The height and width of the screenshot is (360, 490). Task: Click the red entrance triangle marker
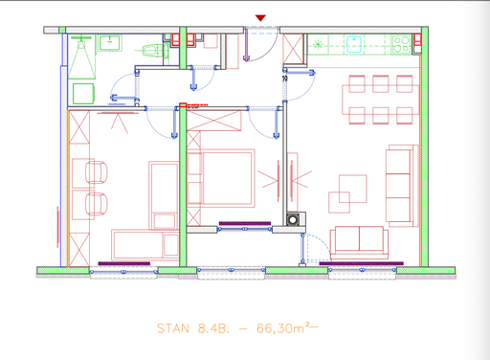tap(261, 17)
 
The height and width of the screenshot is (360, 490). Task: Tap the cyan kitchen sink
tap(354, 42)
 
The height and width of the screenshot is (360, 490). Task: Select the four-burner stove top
tap(401, 43)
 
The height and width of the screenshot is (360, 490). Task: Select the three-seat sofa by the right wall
tap(401, 186)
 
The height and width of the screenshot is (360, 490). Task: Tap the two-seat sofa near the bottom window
tap(359, 240)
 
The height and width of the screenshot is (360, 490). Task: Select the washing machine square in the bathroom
tap(83, 92)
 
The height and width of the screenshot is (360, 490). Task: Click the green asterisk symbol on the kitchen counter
tap(317, 44)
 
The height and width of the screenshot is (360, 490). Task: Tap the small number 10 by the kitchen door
tap(285, 79)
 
